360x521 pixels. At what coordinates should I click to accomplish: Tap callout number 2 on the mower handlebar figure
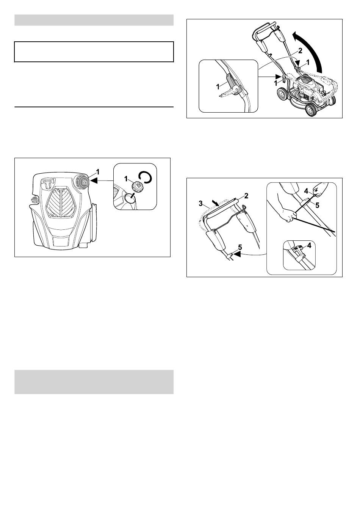tap(300, 51)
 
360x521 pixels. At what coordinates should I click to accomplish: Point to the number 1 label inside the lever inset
tap(218, 87)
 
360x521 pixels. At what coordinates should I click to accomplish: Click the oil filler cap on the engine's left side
tap(34, 201)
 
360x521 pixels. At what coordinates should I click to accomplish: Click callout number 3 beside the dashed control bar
tap(200, 204)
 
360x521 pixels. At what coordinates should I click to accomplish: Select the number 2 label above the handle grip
tap(246, 196)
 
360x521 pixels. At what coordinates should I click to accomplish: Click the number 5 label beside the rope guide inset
tap(317, 206)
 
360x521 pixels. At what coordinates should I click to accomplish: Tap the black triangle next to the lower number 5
tap(237, 254)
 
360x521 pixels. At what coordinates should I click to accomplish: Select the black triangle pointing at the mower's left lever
tap(279, 77)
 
